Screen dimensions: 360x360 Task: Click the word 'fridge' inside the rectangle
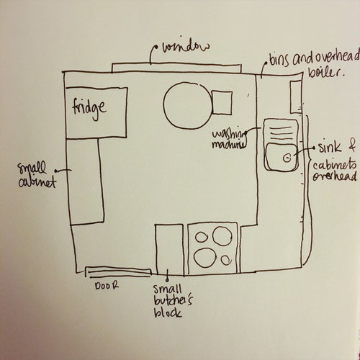89,109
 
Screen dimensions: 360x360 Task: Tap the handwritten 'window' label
186,47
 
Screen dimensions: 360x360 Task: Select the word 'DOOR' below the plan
107,286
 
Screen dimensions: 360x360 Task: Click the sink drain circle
287,158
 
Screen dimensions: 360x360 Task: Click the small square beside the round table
222,103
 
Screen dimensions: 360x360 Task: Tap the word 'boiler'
325,71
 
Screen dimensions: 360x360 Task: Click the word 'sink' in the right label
330,147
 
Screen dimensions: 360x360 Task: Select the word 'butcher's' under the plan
173,302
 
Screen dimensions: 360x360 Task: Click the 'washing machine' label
229,140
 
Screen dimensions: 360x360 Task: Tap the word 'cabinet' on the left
37,183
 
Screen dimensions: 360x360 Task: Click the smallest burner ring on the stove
226,260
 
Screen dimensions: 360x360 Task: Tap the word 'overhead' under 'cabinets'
335,177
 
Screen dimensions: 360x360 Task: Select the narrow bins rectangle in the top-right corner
296,96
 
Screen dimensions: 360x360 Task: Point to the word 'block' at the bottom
168,313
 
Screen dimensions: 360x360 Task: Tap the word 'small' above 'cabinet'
32,168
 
